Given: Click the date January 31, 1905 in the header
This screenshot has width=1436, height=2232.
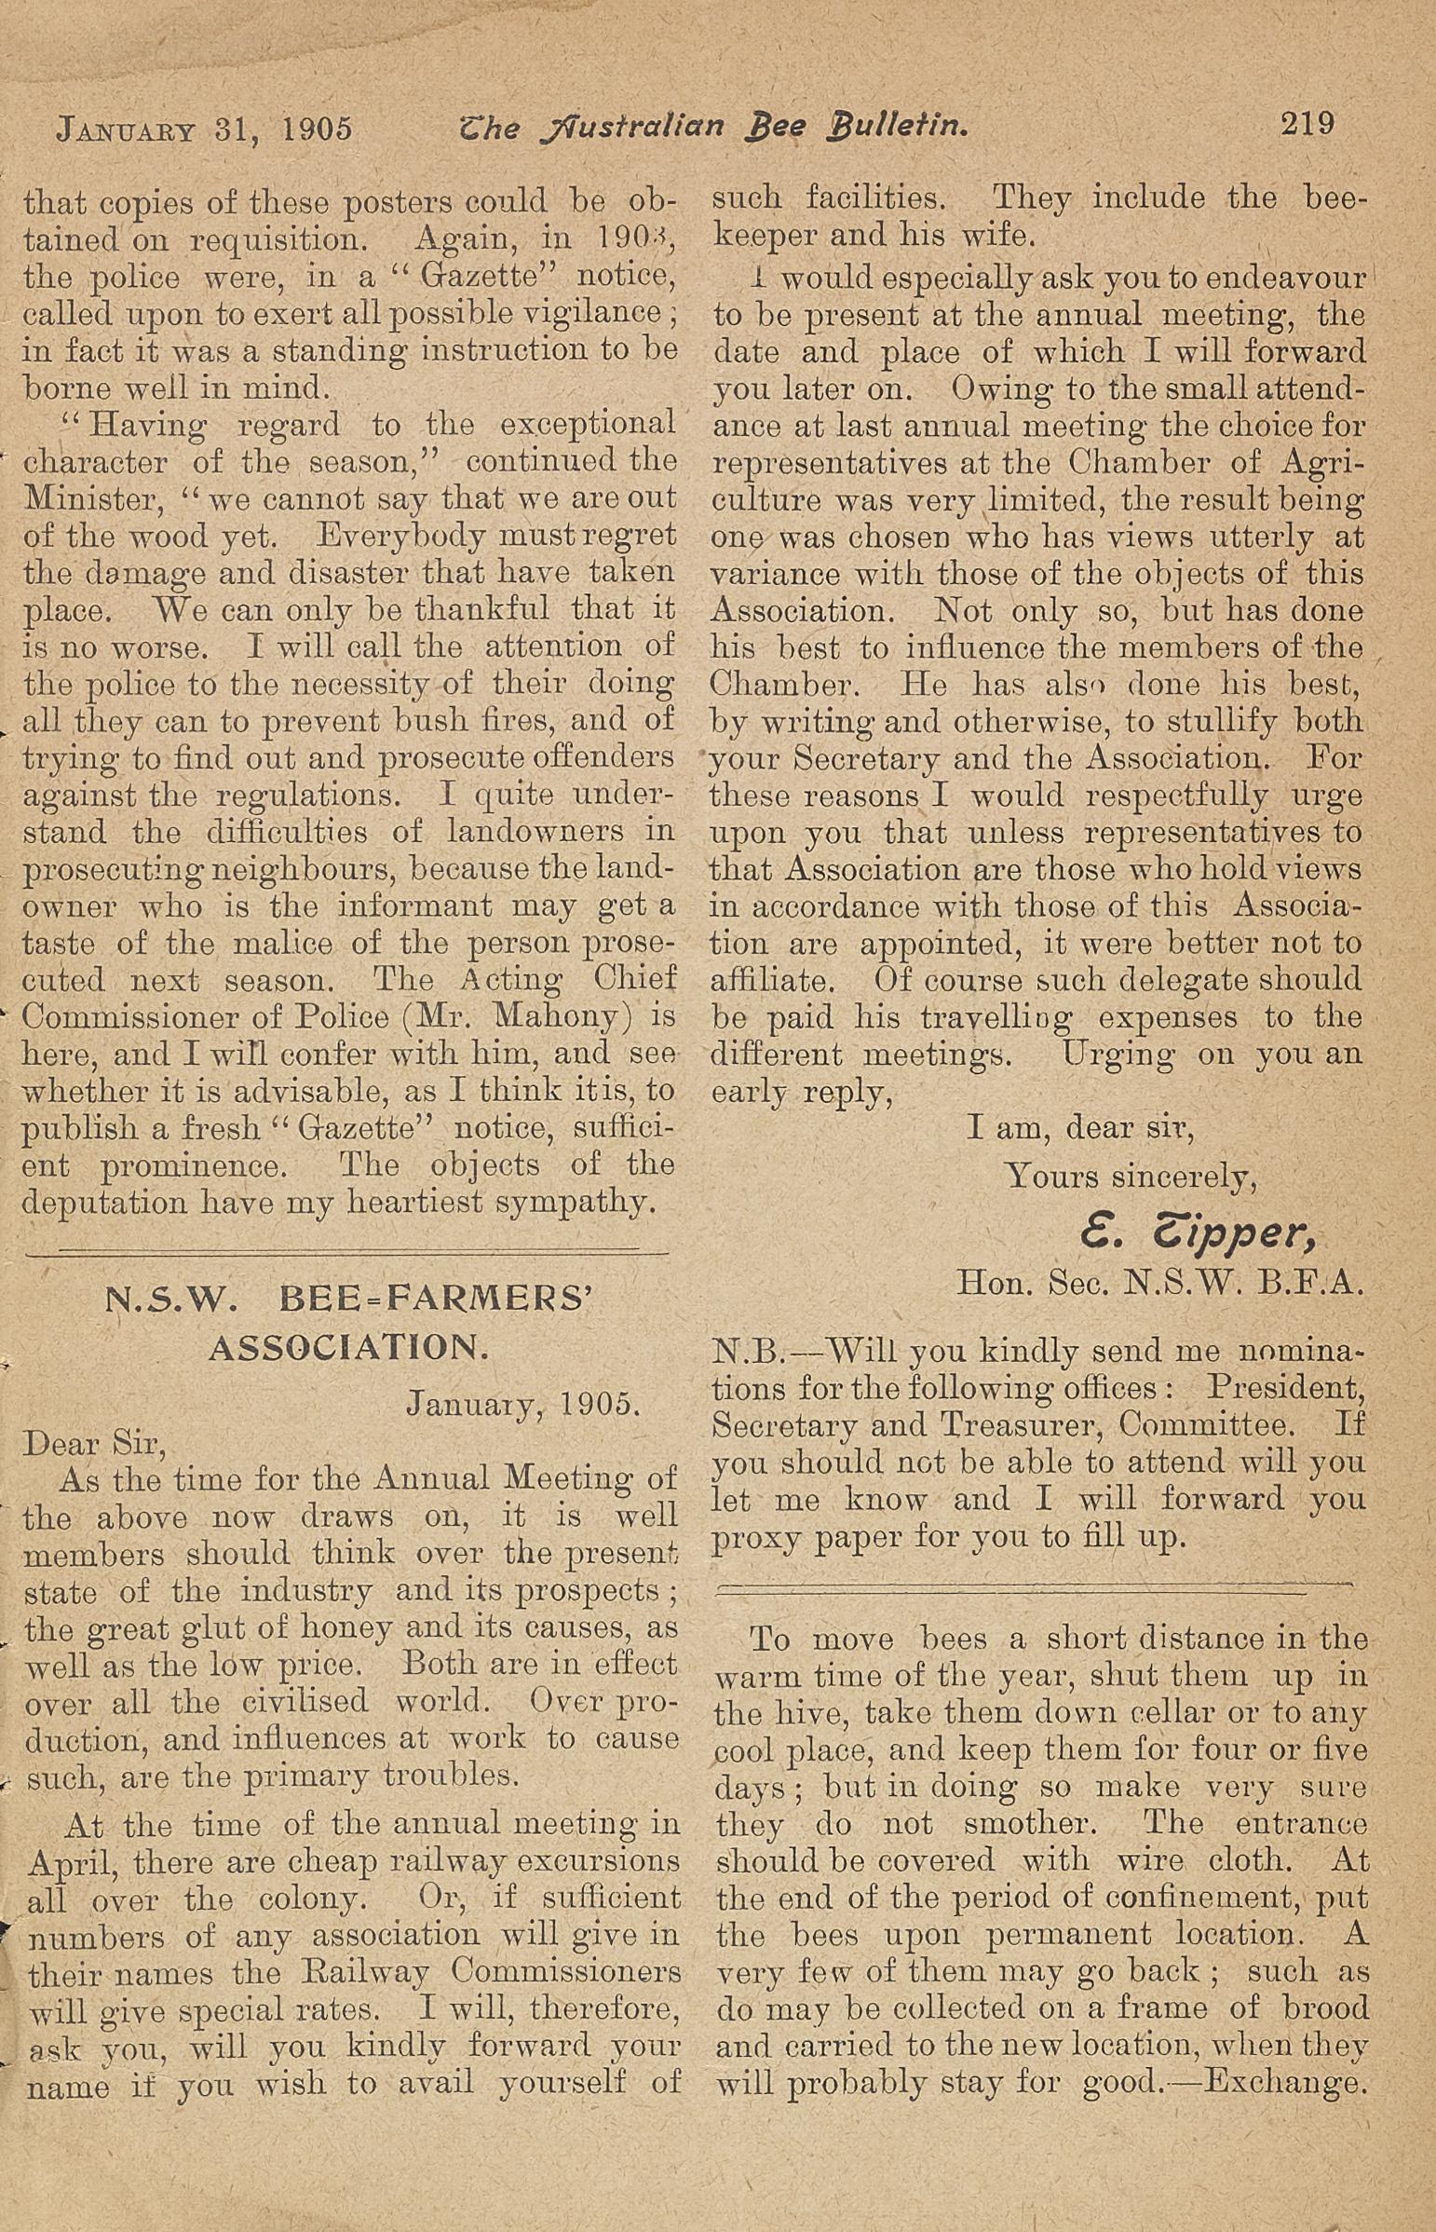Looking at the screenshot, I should point(205,128).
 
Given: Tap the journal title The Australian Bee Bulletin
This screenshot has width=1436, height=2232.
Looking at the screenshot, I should point(713,125).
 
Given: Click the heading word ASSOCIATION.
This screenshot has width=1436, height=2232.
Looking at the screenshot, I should point(348,1348).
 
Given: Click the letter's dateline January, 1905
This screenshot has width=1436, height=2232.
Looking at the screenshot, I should point(523,1404).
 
